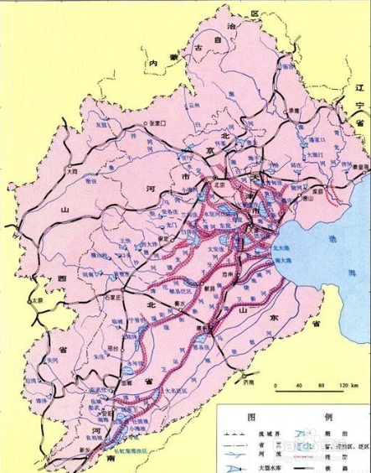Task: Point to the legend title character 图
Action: point(249,416)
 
